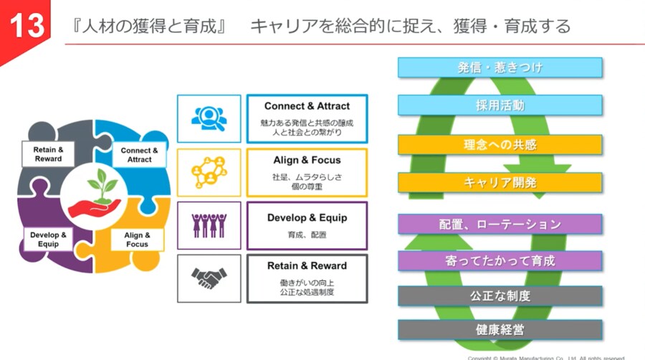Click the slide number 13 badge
(26, 27)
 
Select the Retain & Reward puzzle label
(48, 154)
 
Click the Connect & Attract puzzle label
(139, 155)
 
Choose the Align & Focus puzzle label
(137, 240)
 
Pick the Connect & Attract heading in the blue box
(307, 106)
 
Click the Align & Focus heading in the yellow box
(307, 160)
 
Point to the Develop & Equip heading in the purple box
(307, 217)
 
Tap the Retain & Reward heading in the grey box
(307, 266)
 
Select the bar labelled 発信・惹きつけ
(500, 67)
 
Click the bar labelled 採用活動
(500, 105)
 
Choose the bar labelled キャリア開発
(500, 182)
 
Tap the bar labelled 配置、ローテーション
(500, 224)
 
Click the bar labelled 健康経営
(500, 330)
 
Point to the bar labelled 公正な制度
(500, 295)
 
